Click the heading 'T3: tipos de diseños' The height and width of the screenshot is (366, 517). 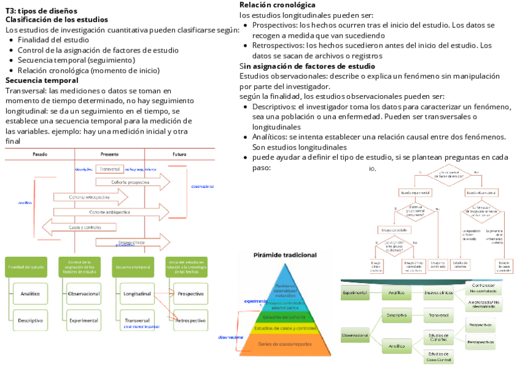tap(41, 11)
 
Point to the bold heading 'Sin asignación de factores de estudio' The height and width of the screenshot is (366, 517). tap(307, 66)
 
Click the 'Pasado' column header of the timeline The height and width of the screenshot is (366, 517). tap(40, 154)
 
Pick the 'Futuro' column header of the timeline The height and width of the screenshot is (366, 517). tap(179, 154)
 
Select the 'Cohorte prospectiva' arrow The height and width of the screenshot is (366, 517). tap(130, 182)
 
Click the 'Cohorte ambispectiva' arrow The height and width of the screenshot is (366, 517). tap(110, 212)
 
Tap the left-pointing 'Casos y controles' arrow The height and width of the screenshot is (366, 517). tap(85, 227)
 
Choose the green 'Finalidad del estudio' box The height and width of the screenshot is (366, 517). tap(26, 267)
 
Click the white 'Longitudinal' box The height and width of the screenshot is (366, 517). tap(138, 294)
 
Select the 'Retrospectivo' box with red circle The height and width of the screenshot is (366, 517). tap(190, 320)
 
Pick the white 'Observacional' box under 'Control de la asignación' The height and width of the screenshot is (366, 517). tap(84, 294)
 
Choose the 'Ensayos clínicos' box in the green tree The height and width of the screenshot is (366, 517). tap(438, 293)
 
